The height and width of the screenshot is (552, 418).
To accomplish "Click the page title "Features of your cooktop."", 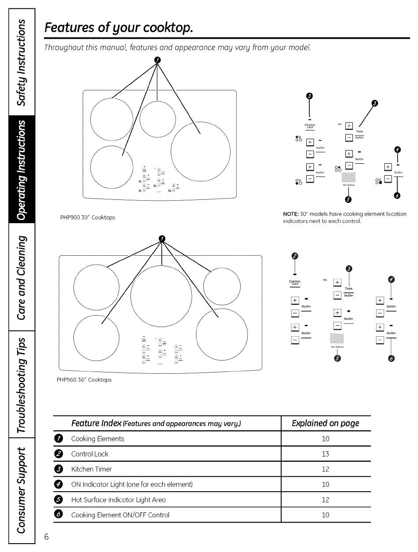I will tap(119, 29).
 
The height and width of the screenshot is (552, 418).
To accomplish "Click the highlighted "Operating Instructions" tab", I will tap(21, 169).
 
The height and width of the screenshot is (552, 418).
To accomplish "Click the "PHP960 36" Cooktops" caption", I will tap(84, 379).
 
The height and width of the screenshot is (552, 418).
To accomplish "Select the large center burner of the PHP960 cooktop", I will tap(161, 294).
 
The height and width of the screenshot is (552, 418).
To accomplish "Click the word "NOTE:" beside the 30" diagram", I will tap(291, 214).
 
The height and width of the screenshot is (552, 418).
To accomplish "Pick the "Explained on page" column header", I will tap(325, 423).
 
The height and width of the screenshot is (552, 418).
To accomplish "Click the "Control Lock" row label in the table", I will tap(90, 454).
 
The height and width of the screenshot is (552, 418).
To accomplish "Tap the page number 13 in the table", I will tap(325, 454).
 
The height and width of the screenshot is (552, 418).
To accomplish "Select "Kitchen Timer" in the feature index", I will tap(92, 469).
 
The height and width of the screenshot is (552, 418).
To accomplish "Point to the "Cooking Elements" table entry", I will tap(98, 439).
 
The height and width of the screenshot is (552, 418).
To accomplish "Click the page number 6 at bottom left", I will tap(46, 536).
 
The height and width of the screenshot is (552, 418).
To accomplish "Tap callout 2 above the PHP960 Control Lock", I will tap(295, 257).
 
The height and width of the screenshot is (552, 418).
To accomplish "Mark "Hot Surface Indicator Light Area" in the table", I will tap(118, 500).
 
